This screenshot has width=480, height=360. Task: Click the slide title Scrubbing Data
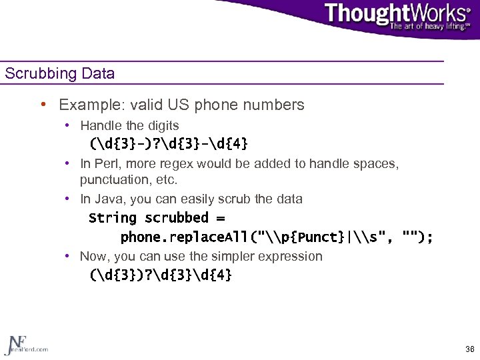coord(59,73)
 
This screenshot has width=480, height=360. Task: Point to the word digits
coord(163,125)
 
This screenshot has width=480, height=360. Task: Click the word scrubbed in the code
coord(177,218)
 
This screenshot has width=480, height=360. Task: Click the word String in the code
coord(113,218)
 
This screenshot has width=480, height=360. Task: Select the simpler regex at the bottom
coord(161,275)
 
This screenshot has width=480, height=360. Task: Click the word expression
coord(291,256)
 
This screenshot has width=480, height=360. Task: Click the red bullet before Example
coord(43,105)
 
